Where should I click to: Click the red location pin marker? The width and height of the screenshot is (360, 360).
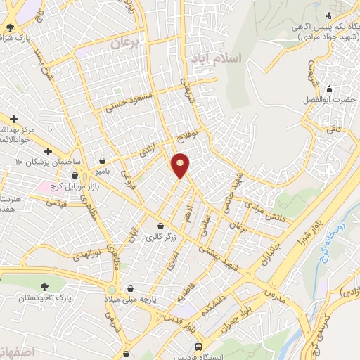click(x=181, y=165)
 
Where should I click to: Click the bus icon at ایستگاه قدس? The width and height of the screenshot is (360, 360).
click(x=199, y=348)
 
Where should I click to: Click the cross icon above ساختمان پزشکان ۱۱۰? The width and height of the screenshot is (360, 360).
click(x=48, y=151)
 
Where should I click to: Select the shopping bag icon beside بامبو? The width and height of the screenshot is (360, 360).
click(x=104, y=160)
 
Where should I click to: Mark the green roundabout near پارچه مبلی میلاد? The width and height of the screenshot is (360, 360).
click(x=112, y=290)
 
